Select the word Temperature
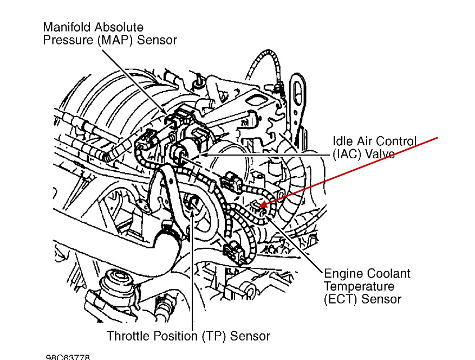(x=359, y=286)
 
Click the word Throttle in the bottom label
(x=128, y=336)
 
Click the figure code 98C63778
(x=68, y=357)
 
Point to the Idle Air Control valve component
(x=183, y=150)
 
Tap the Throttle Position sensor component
(x=192, y=206)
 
